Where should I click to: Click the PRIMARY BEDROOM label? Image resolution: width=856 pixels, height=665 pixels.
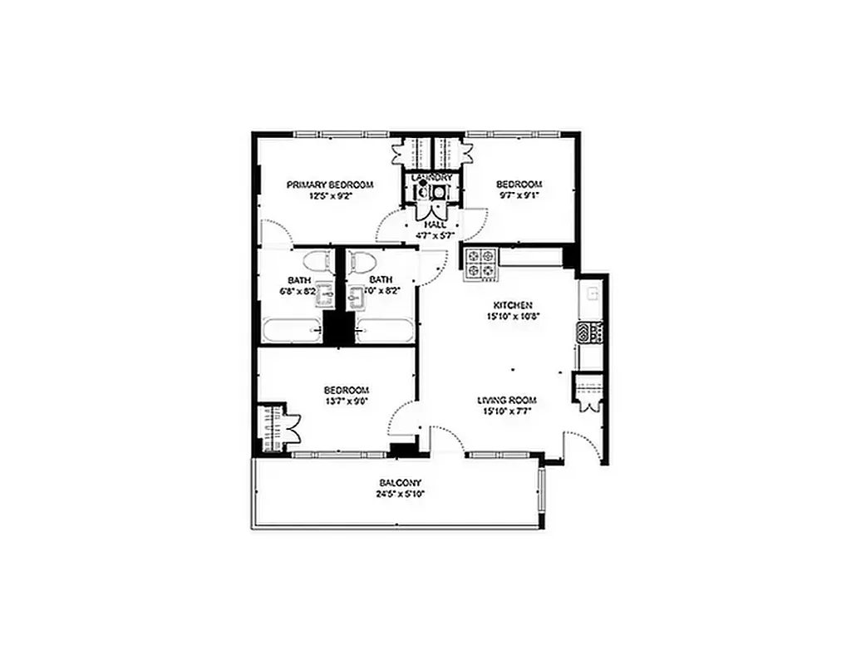point(330,185)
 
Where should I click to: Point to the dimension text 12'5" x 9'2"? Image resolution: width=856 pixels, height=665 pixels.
point(330,197)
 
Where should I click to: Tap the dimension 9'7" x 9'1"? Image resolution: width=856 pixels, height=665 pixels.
point(519,197)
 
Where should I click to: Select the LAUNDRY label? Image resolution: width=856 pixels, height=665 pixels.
point(433,178)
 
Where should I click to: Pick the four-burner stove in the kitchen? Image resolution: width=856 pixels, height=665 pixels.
point(480,264)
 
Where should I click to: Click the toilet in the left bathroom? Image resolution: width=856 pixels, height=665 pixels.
point(315,264)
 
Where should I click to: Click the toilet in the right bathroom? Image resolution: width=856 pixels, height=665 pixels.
point(360,264)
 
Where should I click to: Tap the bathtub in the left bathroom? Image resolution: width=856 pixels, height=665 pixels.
point(292,330)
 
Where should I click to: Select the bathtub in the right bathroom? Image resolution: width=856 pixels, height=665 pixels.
point(382,330)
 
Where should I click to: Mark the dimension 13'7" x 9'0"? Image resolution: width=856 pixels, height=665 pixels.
point(346,401)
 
